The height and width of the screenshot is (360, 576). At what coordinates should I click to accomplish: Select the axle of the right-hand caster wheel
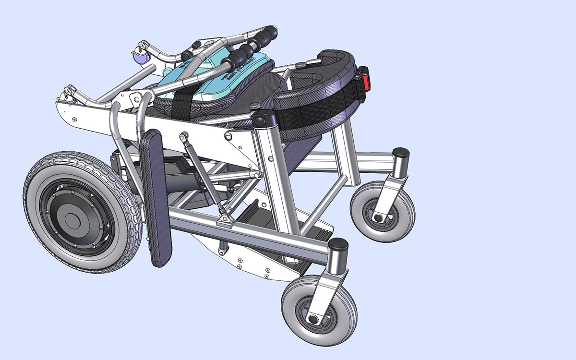tap(378, 218)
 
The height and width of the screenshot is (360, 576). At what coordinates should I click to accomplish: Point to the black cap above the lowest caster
tap(338, 244)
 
